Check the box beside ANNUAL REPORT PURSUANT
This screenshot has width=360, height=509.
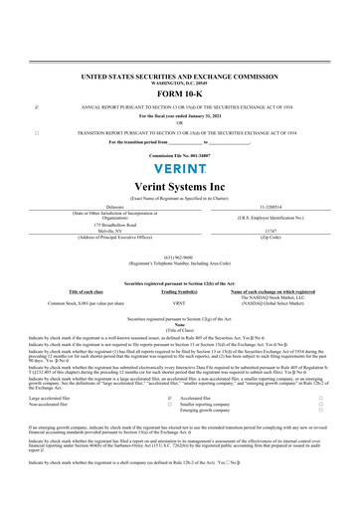[x=37, y=106]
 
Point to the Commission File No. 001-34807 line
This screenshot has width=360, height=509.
[x=179, y=156]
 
